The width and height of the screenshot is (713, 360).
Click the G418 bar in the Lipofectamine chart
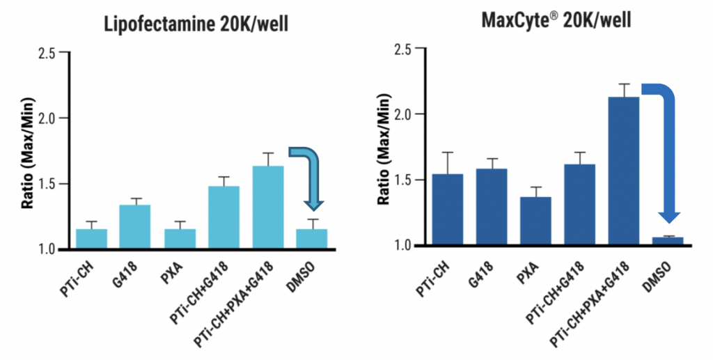coord(135,227)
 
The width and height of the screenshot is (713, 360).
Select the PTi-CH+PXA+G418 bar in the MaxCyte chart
coord(624,171)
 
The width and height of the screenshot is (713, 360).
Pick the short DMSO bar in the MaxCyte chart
coord(668,241)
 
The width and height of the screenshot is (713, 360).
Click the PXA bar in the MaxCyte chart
coord(536,221)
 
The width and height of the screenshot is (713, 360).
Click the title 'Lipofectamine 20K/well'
coord(196,26)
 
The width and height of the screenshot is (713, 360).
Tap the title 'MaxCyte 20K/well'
coord(556,20)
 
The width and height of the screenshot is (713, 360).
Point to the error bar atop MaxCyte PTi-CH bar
coord(448,162)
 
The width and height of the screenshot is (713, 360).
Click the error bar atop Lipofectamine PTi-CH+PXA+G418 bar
coord(267,159)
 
